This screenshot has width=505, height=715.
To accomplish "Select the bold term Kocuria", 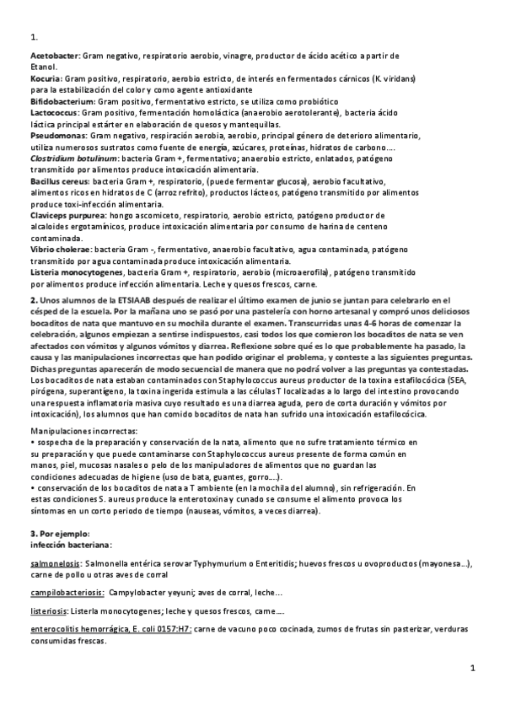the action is click(44, 78).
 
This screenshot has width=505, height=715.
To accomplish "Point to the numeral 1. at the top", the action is click(34, 38).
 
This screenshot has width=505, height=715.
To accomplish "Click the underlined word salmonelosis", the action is click(56, 562).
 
